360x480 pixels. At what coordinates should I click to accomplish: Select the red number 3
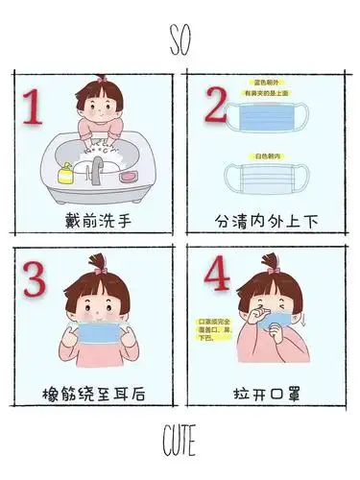click(36, 281)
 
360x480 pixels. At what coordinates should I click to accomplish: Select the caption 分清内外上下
click(266, 221)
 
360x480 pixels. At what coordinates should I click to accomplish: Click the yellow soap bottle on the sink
click(66, 176)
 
